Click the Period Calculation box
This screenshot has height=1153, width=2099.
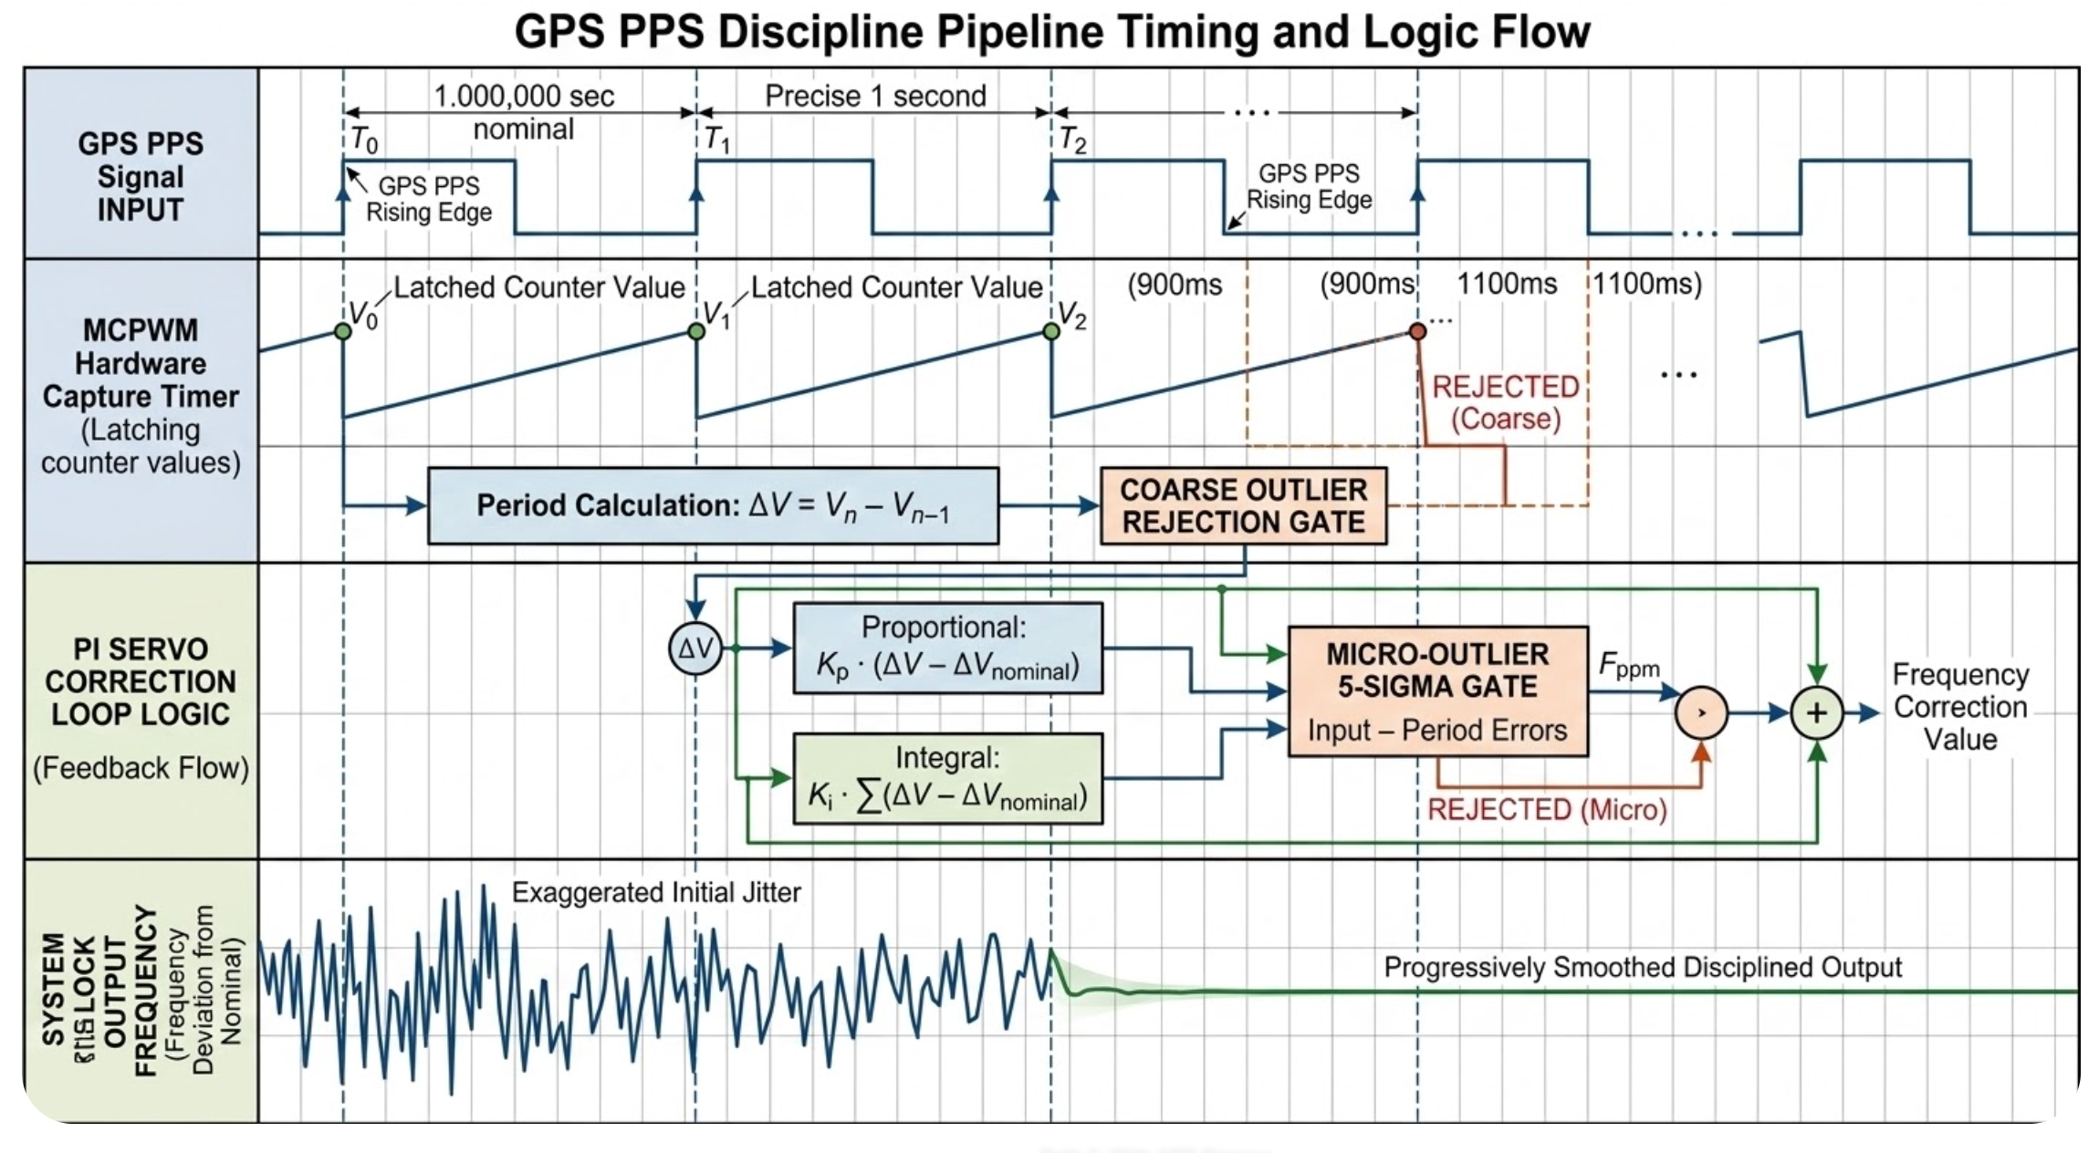tap(713, 506)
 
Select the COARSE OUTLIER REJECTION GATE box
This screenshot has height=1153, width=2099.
tap(1243, 506)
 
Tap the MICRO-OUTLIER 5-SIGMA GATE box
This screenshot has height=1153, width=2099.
tap(1437, 691)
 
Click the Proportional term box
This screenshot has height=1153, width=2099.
tap(947, 649)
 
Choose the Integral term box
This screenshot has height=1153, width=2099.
tap(947, 779)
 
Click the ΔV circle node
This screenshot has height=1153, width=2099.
tap(695, 649)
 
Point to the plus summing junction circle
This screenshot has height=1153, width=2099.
tap(1816, 712)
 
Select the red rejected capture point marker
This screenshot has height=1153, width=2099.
tap(1417, 331)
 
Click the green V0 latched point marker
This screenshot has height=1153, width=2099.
tap(343, 331)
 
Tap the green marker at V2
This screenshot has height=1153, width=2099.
tap(1051, 331)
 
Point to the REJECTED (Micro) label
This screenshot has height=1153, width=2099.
tap(1547, 809)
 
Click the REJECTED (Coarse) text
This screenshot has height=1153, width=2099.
tap(1506, 402)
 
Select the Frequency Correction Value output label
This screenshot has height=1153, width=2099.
tap(1960, 707)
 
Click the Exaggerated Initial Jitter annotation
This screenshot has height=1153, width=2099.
tap(655, 892)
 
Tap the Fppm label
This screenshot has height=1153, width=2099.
tap(1629, 666)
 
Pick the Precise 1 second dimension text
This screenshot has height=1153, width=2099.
tap(875, 96)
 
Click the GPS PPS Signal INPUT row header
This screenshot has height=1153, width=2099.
tap(141, 176)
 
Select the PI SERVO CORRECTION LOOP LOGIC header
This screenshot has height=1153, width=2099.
tap(141, 681)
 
